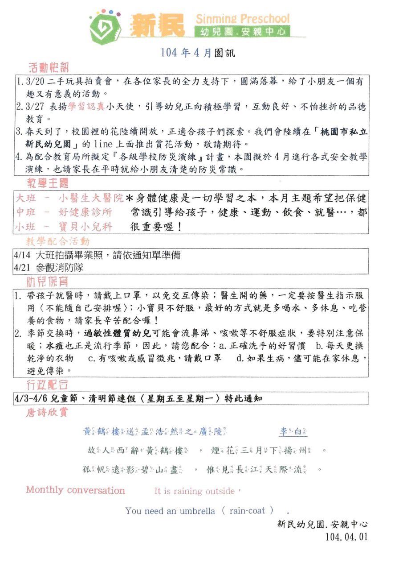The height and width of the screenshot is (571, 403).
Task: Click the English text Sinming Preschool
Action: click(x=242, y=19)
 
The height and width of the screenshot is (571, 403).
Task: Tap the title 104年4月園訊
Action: click(x=198, y=53)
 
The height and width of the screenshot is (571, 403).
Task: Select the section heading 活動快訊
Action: click(x=49, y=68)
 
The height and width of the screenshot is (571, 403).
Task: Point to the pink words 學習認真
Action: click(x=86, y=107)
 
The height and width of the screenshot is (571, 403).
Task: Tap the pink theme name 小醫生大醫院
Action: click(x=91, y=198)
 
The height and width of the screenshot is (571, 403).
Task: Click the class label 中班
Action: click(x=26, y=212)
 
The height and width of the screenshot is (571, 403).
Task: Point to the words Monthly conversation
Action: click(x=75, y=490)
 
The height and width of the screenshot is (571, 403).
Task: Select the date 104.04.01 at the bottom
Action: click(x=346, y=537)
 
